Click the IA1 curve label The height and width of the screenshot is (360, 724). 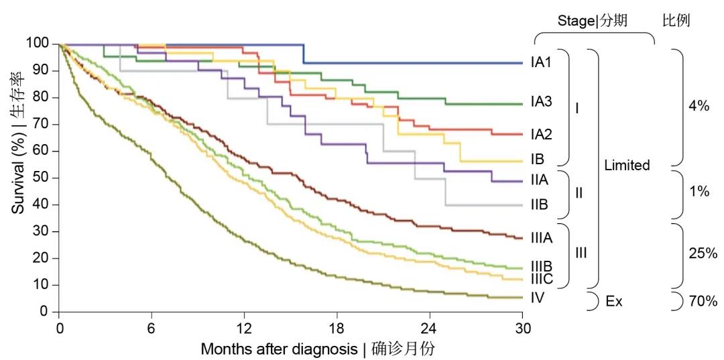(541, 63)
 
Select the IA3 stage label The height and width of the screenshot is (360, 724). (541, 102)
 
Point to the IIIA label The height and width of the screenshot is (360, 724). (542, 237)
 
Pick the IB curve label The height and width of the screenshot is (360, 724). (536, 160)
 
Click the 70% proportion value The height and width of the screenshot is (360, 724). (703, 302)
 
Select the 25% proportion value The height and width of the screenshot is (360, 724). (703, 253)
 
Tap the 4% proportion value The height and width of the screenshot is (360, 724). (699, 106)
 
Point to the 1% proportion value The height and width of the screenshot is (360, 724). (699, 192)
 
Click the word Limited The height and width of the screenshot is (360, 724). (627, 165)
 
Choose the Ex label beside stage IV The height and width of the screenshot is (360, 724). (613, 302)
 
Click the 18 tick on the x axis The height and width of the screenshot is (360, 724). (337, 328)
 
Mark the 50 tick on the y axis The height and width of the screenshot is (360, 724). (40, 178)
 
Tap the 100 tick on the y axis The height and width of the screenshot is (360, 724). (38, 44)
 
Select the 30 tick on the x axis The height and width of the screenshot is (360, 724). (522, 328)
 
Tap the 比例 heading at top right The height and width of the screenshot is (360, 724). (676, 21)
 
